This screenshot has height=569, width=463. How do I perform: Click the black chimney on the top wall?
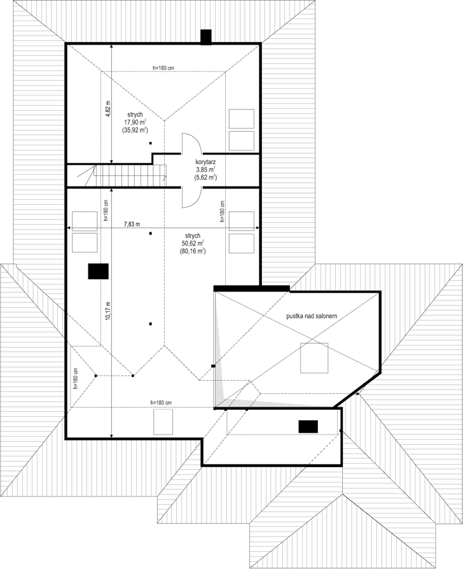(206, 37)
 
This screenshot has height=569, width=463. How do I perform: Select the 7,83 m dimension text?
(132, 224)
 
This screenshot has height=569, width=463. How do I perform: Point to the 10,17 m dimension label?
(107, 311)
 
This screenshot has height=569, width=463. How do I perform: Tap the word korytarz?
(205, 162)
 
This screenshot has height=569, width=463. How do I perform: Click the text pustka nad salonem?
(312, 316)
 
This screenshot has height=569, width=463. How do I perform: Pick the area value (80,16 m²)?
(193, 251)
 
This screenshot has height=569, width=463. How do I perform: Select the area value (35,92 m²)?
(135, 130)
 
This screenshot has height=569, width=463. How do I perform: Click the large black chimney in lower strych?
(98, 271)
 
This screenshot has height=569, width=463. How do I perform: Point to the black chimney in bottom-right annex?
(308, 426)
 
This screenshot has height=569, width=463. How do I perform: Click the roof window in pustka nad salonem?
(314, 358)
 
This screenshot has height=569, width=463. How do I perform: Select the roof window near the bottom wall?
(163, 422)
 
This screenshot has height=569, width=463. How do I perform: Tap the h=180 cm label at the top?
(163, 67)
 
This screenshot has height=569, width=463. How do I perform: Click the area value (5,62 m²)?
(205, 177)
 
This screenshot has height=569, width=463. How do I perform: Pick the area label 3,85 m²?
(205, 169)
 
